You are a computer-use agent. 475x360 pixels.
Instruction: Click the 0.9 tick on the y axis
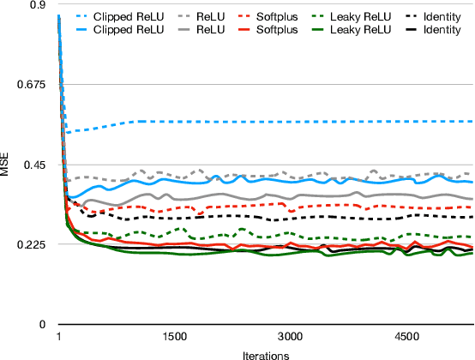coord(38,5)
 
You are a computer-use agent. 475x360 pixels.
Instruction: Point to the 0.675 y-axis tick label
coord(33,85)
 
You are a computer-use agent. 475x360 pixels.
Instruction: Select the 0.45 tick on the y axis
coord(35,165)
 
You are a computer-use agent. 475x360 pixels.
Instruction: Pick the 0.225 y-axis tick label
coord(33,245)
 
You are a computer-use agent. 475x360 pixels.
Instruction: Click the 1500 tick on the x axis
coord(174,336)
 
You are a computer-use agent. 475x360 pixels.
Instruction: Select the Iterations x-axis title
coord(266,353)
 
